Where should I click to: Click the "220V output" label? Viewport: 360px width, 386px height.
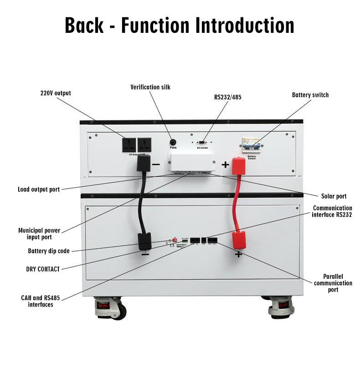pos(56,93)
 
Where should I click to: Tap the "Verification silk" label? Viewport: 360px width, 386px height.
pos(150,87)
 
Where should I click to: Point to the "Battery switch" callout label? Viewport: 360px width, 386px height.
pos(310,95)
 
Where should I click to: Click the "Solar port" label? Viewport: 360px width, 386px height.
pos(334,196)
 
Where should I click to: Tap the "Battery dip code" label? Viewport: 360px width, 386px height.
pos(49,251)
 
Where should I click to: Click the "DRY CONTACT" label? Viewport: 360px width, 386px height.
pos(43,269)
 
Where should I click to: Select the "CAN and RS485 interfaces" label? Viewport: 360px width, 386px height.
pos(37,301)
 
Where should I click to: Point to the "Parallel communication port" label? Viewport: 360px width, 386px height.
pos(333,283)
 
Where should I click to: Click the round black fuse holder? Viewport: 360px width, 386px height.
pos(173,141)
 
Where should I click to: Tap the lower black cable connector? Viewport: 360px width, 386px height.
pos(145,241)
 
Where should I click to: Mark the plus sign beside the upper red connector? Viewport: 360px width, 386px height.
pos(225,165)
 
